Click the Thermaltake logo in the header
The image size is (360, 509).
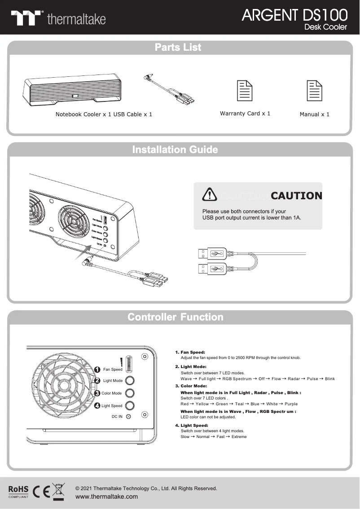tap(58, 18)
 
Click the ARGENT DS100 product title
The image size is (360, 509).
tap(294, 15)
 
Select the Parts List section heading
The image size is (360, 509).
tap(178, 47)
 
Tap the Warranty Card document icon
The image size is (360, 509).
tap(245, 91)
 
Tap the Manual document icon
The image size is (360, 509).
tap(314, 91)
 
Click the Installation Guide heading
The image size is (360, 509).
tap(175, 149)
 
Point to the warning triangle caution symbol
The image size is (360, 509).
tap(210, 194)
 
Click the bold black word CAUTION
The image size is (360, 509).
tap(296, 196)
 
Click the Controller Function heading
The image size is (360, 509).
tap(176, 317)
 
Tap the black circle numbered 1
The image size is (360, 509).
tap(97, 369)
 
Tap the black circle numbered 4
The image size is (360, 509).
tap(97, 405)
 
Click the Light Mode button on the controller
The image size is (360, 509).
tap(129, 380)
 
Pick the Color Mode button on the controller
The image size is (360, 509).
tap(129, 393)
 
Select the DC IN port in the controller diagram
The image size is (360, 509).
tap(129, 417)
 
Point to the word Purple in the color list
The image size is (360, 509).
tap(291, 404)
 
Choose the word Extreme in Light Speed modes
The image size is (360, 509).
tap(239, 437)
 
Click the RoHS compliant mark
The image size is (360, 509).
tap(18, 491)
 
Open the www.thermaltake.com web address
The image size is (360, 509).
tap(107, 496)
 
